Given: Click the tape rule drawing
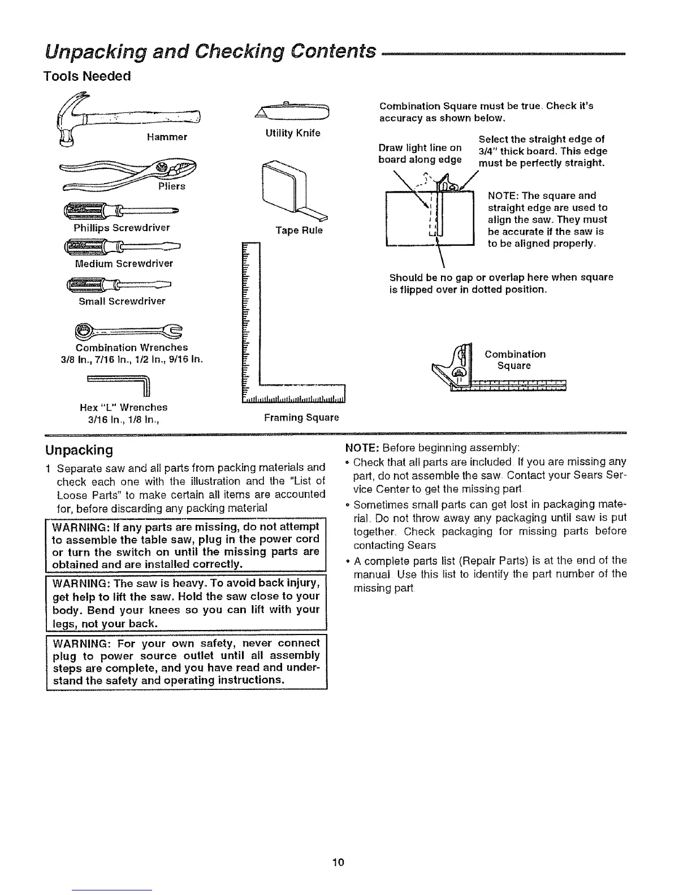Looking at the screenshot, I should tap(291, 190).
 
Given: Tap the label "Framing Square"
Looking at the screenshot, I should tap(301, 418).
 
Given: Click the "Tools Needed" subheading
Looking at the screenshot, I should tap(86, 76).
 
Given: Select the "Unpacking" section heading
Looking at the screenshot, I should tap(79, 450).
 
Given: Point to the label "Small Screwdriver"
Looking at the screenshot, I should tap(122, 301).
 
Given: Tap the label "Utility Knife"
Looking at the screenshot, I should tap(292, 133).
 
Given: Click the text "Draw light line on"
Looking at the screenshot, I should tap(420, 148).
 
